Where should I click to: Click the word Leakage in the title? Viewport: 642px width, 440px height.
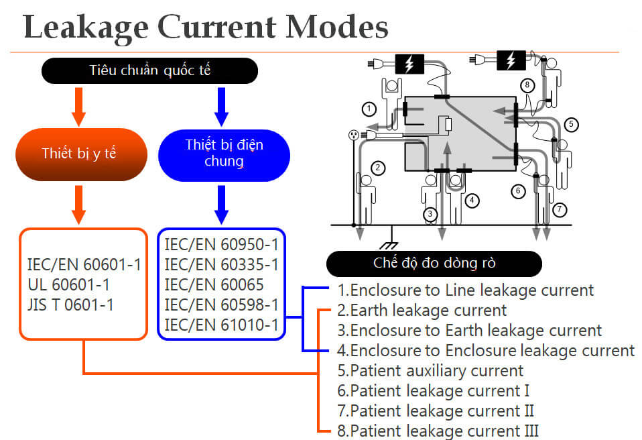pos(86,26)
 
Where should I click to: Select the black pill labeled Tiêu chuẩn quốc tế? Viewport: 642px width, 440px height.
pos(149,70)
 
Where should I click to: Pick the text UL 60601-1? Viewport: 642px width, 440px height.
pos(68,284)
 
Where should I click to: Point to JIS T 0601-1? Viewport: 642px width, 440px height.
pos(71,305)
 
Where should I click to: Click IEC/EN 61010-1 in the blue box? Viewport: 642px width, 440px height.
pos(221,325)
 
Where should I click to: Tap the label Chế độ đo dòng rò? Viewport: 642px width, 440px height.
pos(434,263)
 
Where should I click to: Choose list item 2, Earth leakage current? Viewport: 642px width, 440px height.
pos(422,311)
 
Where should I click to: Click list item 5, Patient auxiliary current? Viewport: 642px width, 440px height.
pos(430,370)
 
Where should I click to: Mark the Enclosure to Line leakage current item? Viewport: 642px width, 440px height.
pos(465,290)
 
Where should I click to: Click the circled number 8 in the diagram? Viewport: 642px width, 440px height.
pos(528,85)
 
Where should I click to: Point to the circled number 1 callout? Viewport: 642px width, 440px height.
pos(368,107)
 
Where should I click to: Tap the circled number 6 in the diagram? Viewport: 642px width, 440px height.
pos(517,190)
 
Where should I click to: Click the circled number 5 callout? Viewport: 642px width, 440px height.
pos(571,124)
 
